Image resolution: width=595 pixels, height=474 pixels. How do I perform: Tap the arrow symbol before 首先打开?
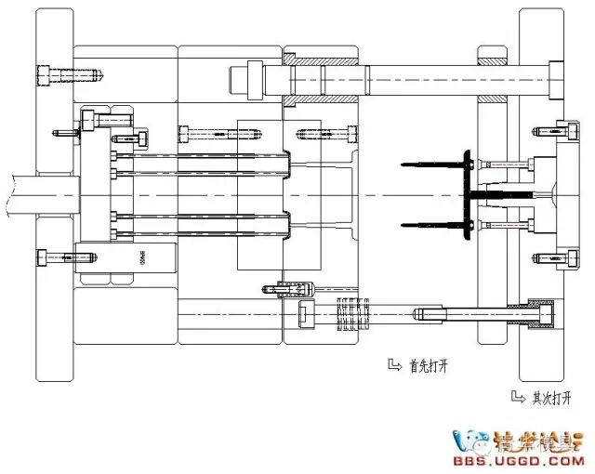(393, 364)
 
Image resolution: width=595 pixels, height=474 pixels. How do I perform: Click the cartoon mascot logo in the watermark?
(471, 441)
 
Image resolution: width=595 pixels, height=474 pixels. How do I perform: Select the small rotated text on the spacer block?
(142, 257)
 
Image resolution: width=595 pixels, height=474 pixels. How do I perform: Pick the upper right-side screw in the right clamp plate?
(538, 133)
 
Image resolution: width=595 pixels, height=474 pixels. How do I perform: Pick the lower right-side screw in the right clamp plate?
(538, 257)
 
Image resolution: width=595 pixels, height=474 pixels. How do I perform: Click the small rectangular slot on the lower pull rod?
(304, 314)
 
